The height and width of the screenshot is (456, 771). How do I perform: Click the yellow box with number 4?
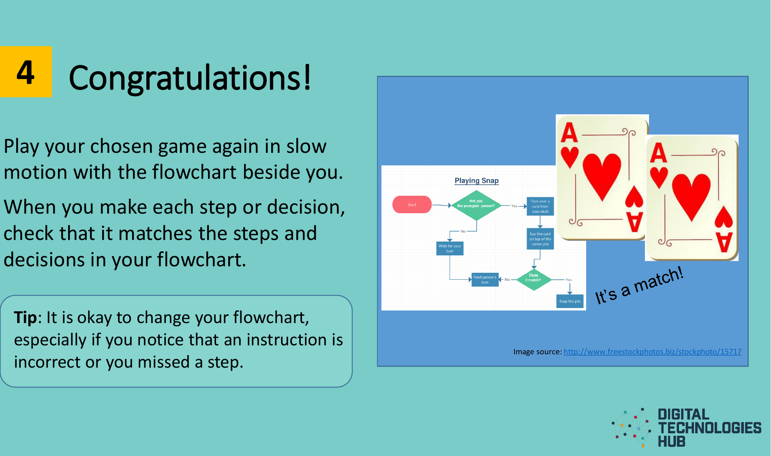(x=26, y=72)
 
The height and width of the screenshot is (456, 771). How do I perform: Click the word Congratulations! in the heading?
(x=190, y=78)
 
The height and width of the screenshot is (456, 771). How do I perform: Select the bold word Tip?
(x=25, y=317)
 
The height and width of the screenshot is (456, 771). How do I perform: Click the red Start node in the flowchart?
(x=412, y=205)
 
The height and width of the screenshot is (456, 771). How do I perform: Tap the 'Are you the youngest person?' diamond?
(x=476, y=205)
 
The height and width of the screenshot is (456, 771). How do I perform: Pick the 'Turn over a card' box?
(x=540, y=206)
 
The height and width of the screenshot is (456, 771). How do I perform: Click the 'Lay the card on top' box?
(x=540, y=239)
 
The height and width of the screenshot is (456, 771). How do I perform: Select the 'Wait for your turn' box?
(x=450, y=248)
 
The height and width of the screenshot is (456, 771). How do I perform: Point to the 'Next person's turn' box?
(x=485, y=280)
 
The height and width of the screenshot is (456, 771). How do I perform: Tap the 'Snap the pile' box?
(x=570, y=301)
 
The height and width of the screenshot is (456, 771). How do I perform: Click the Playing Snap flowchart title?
(x=476, y=181)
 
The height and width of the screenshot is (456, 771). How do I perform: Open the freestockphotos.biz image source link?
(x=652, y=352)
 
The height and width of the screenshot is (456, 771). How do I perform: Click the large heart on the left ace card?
(x=602, y=175)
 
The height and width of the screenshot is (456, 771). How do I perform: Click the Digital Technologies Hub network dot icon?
(x=632, y=428)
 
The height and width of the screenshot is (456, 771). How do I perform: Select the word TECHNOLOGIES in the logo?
(x=709, y=428)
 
